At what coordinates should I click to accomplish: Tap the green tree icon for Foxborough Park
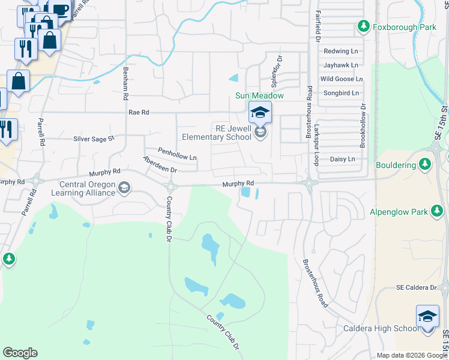point(363,26)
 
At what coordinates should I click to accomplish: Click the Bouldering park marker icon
point(425,164)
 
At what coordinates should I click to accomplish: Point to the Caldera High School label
point(381,328)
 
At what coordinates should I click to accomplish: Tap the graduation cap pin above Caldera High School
point(427,316)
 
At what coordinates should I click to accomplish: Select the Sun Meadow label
point(259,95)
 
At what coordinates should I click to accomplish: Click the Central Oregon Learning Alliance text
point(87,188)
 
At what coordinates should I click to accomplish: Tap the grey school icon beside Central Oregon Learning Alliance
point(124,188)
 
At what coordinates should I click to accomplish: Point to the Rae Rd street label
point(137,112)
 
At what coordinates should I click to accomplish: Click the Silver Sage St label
point(94,139)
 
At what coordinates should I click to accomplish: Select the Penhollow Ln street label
point(177,154)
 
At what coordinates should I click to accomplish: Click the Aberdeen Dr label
point(160,164)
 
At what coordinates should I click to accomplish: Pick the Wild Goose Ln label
point(341,79)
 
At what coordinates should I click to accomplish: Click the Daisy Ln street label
point(342,159)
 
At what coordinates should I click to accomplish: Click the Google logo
point(20,353)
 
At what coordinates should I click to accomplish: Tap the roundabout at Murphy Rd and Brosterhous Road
point(309,183)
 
